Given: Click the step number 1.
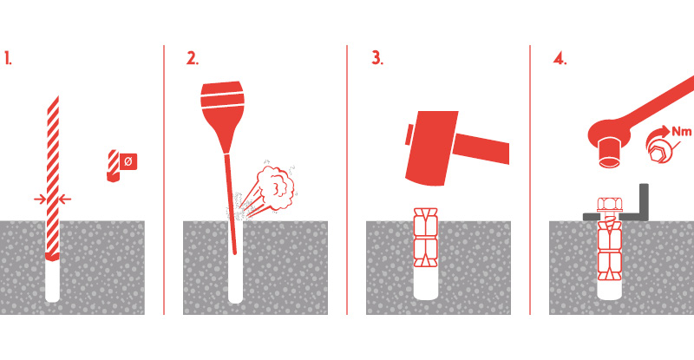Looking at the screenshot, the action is (x=8, y=58).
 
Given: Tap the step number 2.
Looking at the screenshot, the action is (x=192, y=58).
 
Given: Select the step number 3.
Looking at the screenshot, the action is (x=376, y=58).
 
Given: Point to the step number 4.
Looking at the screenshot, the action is (x=560, y=58).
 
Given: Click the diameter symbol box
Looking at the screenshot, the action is (x=128, y=161).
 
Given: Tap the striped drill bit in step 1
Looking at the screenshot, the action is (x=53, y=177).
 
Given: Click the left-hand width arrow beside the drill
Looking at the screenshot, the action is (x=40, y=200).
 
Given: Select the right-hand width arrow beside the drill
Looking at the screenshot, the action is (x=65, y=200).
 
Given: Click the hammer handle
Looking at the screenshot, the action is (x=483, y=147).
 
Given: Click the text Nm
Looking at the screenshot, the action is (x=682, y=131).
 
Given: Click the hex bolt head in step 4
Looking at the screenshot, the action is (x=610, y=205).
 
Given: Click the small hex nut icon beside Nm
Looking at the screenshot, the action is (x=660, y=151).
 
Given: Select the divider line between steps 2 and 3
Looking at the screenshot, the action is (x=347, y=180).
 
